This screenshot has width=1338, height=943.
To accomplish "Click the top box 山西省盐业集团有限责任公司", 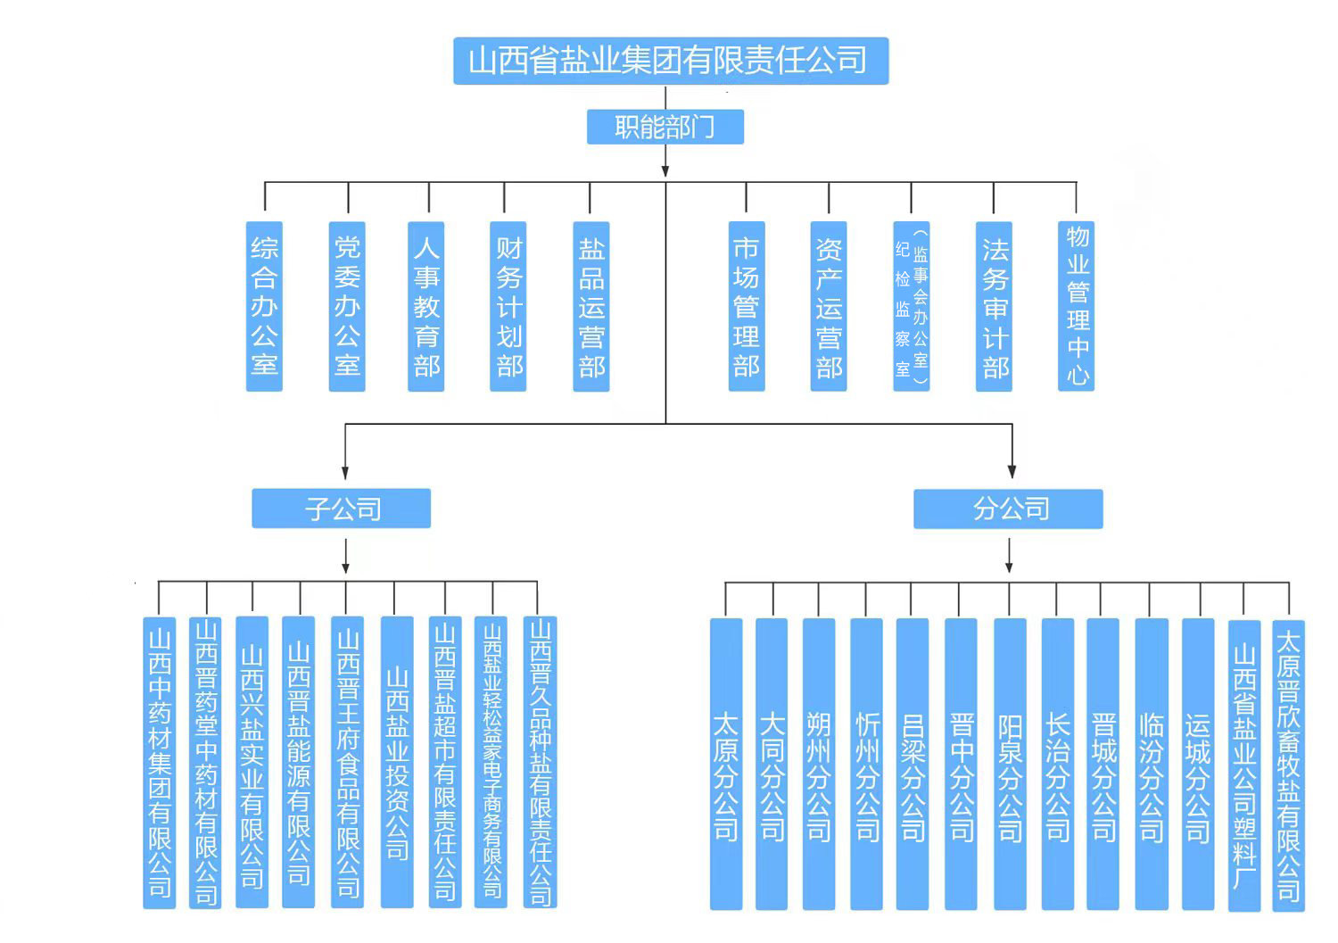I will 670,61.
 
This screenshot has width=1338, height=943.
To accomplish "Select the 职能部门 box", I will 665,127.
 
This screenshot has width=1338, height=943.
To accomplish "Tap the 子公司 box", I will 342,509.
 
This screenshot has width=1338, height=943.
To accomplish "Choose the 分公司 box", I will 1008,509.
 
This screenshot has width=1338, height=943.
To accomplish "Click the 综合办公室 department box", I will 264,306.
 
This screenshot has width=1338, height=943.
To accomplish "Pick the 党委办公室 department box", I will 347,306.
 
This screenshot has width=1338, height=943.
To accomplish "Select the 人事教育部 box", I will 426,306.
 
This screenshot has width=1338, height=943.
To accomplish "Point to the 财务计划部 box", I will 508,306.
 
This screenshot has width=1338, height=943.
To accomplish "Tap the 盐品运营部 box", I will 591,306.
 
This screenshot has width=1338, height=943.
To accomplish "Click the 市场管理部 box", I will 747,306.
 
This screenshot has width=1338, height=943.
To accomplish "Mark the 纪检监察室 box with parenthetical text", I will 912,306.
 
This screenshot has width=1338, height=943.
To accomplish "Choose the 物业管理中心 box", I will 1077,306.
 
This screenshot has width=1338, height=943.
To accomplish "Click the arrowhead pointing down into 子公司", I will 345,473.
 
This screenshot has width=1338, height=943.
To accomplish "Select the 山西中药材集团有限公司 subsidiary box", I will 160,763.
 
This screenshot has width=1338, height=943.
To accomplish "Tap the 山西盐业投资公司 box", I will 397,763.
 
